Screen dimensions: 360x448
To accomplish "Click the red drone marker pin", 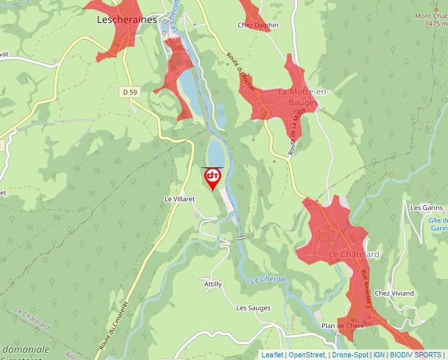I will [x=213, y=177].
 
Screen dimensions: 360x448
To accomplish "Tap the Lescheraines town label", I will [x=126, y=20].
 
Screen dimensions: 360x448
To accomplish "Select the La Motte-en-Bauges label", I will [x=298, y=97].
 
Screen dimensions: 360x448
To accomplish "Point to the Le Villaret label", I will [x=181, y=198].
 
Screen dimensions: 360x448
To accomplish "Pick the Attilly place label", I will [x=213, y=284].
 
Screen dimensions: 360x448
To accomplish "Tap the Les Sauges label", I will [x=253, y=307].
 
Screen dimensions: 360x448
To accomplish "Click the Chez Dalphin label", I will [x=258, y=25].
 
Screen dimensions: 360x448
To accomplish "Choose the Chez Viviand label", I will [x=394, y=293].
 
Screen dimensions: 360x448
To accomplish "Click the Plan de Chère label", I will [x=343, y=326].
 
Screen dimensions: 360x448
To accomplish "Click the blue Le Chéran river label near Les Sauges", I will [x=268, y=280].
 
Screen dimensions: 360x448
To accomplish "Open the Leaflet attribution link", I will [x=272, y=355].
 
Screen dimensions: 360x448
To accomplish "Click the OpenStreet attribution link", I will [x=306, y=355].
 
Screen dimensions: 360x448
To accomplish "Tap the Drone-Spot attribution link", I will [x=350, y=355].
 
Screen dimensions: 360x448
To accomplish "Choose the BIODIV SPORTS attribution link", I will [x=416, y=355].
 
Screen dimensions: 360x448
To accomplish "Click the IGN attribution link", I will [x=379, y=355].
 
